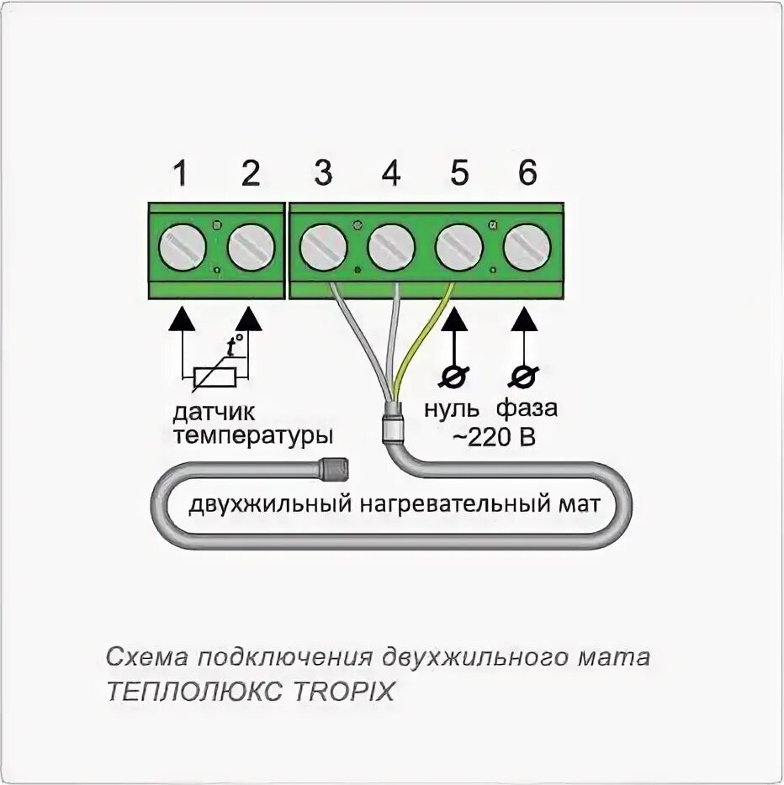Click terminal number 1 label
click(179, 174)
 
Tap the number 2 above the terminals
click(251, 174)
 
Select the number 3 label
click(323, 174)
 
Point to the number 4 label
click(391, 174)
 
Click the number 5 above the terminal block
click(459, 174)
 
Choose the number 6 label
click(527, 174)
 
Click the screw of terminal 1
click(183, 249)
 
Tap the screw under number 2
click(251, 249)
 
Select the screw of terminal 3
click(324, 249)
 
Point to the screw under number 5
click(459, 249)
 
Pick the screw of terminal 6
click(527, 249)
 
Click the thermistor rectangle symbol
click(215, 377)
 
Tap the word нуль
click(453, 410)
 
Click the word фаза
click(526, 410)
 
